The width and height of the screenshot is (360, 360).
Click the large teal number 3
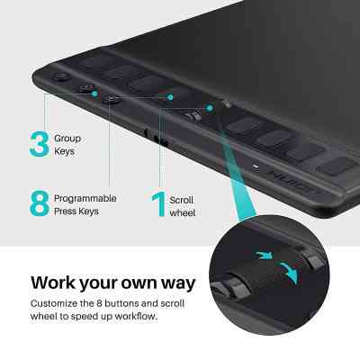click(40, 144)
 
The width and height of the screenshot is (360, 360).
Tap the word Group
click(67, 139)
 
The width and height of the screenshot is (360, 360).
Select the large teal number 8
click(40, 203)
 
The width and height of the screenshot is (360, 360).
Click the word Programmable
click(85, 199)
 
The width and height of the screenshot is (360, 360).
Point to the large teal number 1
click(159, 204)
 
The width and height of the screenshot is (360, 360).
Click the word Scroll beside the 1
click(181, 200)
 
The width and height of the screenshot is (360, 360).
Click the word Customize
click(54, 303)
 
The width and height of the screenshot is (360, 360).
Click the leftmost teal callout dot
click(94, 94)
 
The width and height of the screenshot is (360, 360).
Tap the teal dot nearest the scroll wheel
click(210, 108)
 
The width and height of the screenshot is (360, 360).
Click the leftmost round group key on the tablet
click(61, 77)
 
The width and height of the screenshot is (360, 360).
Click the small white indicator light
click(256, 166)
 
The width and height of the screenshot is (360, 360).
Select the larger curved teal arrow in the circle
click(289, 273)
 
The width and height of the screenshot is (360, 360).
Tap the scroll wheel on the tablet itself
click(193, 117)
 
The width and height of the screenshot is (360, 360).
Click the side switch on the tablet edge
click(161, 140)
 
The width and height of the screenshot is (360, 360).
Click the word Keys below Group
click(64, 151)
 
